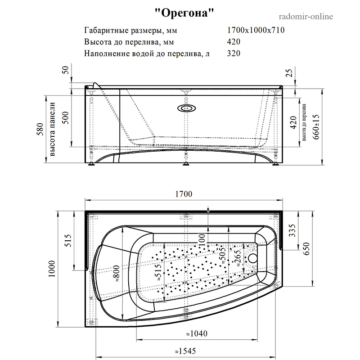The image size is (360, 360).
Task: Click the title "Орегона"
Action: point(184,13)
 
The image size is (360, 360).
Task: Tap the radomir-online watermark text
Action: point(306,17)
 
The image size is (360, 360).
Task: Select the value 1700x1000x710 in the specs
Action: point(256,30)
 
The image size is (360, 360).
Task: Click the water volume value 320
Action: point(234,53)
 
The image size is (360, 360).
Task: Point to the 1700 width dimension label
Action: point(184,194)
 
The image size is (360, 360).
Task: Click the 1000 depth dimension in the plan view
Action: point(52,269)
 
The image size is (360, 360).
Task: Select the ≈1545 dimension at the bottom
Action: point(185,351)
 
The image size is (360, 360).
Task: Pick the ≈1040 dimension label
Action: point(197,333)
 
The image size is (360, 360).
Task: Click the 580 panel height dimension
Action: point(40,129)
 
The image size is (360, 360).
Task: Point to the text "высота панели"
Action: point(52,129)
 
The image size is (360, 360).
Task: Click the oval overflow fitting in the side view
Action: point(186,108)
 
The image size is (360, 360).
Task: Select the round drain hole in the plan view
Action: point(253,258)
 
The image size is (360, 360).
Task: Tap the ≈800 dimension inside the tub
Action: point(117,274)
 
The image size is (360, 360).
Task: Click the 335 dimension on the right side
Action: point(292,230)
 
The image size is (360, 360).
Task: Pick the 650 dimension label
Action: point(307,248)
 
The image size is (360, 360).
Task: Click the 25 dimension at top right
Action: point(290,72)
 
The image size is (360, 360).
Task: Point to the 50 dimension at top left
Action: point(66,70)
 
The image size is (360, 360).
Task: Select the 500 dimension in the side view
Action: point(66,118)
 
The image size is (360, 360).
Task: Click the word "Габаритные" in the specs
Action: point(107,31)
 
